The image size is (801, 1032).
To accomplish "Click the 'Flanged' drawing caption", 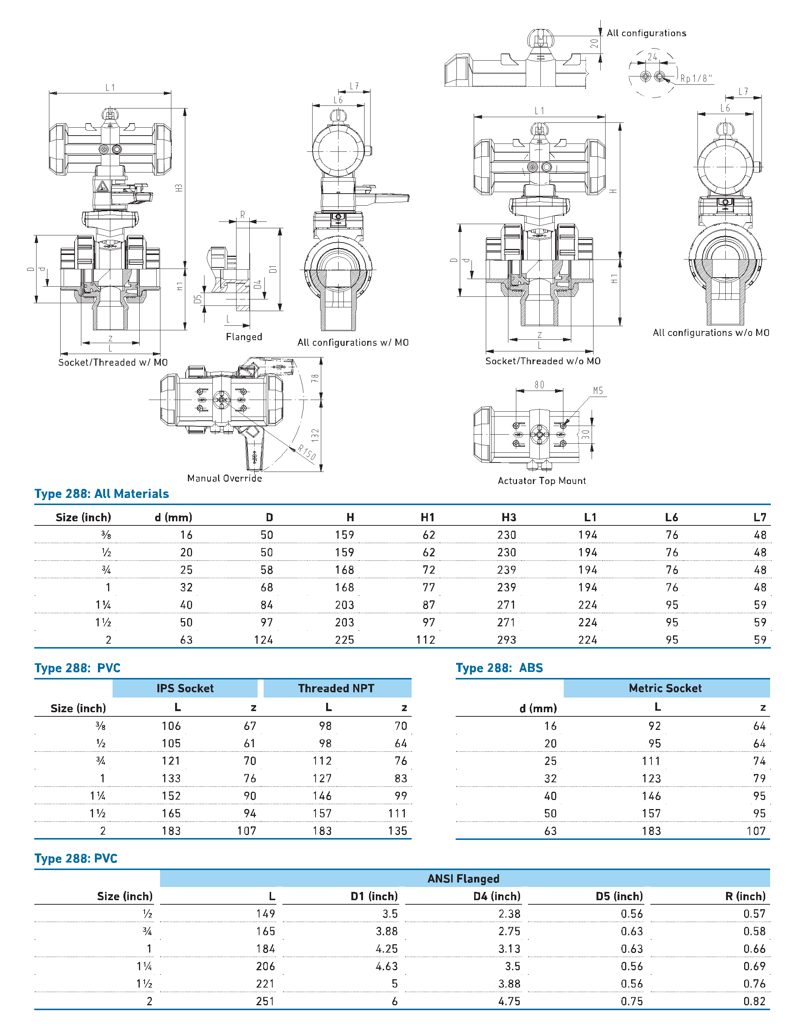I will point(244,336).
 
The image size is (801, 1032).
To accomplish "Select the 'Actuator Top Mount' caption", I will point(542,481).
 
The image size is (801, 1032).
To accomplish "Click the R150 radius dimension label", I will point(307,453).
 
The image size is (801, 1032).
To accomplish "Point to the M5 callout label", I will point(598,391).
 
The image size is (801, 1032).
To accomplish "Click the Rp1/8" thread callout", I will point(696,78).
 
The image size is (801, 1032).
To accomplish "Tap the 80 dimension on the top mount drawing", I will point(539,385).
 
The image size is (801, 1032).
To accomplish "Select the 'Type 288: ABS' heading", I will point(499,668).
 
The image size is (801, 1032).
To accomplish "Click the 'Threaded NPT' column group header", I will point(336,688).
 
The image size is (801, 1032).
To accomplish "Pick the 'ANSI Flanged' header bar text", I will point(463,878).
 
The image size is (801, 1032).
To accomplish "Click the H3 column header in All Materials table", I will point(508,518).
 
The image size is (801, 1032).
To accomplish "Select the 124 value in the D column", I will point(263,640).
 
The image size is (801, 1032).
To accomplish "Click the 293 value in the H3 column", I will point(506,640).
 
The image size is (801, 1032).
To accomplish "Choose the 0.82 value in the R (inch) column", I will point(754,1001).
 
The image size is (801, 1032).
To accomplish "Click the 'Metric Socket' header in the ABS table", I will point(665,688).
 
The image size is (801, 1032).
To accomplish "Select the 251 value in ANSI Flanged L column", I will point(265,1001).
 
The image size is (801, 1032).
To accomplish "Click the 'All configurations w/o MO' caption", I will point(711,333).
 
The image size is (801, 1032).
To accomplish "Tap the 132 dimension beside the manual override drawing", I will point(315,435).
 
